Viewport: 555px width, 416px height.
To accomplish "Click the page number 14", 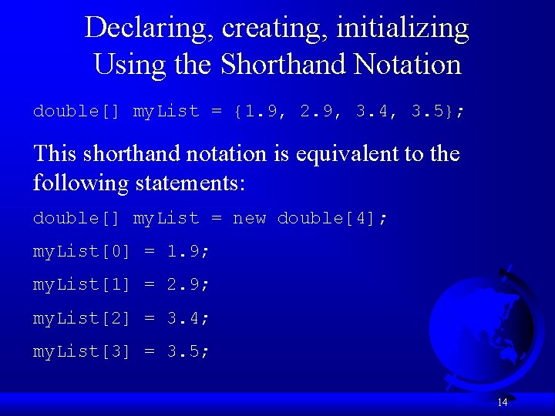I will point(502,401).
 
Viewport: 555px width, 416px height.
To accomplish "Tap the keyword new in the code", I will point(249,219).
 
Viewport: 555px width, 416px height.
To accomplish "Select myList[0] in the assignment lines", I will point(82,252).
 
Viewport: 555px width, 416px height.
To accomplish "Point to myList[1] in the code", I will point(82,285).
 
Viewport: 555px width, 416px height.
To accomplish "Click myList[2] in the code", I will point(82,318).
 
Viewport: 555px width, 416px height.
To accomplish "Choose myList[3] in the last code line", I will point(82,352).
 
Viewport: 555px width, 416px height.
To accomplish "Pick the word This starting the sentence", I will point(56,154).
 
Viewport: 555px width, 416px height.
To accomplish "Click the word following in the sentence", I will point(82,183).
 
